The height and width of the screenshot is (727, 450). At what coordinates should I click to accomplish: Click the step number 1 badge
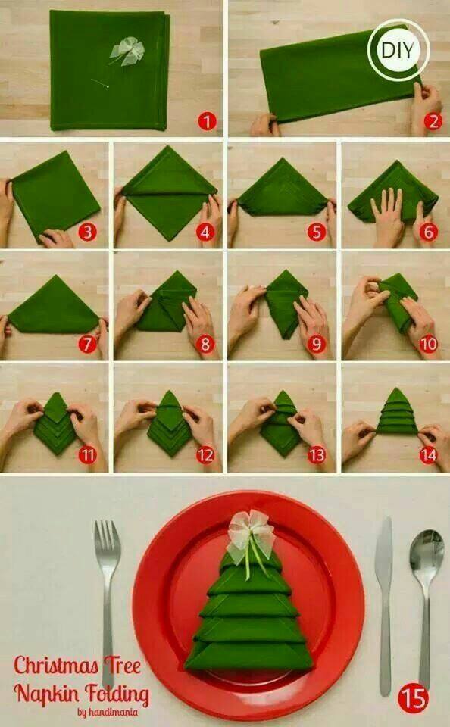click(x=205, y=121)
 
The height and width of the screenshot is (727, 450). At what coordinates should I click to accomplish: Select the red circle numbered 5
click(x=317, y=232)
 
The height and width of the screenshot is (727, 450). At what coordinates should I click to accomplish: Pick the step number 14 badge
click(x=429, y=454)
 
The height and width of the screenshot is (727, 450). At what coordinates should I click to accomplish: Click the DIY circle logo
click(x=398, y=51)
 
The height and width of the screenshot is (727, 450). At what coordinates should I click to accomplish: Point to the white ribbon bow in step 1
click(x=125, y=51)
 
